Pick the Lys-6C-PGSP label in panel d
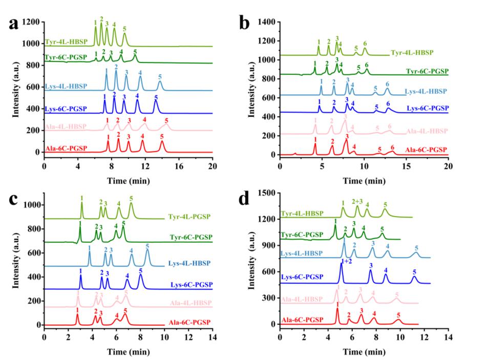303,277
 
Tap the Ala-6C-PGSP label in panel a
66,148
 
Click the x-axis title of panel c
129,350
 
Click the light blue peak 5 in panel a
160,83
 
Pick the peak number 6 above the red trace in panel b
392,147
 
